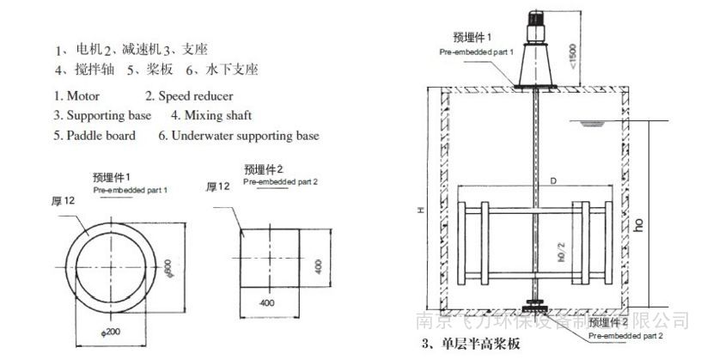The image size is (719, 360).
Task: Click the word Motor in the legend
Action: [x=84, y=95]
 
